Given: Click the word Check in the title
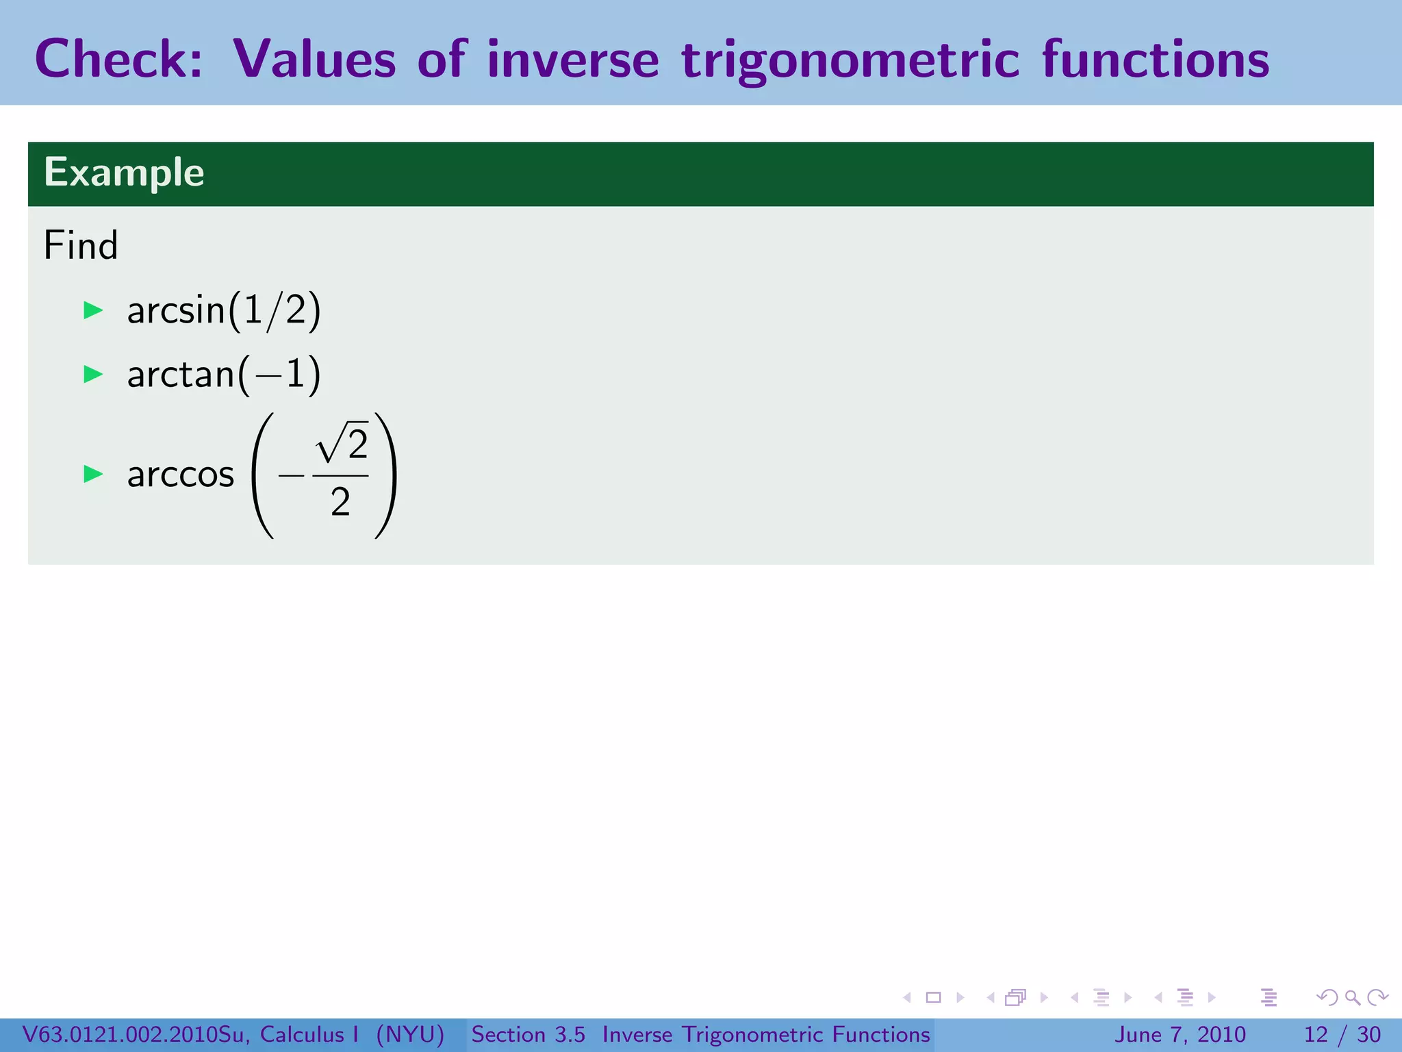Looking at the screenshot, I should tap(118, 59).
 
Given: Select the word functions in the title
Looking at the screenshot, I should tap(1155, 59).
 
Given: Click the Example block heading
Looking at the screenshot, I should tap(124, 172).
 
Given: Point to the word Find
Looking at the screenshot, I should tap(81, 245).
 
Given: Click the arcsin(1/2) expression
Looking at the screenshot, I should tap(224, 310).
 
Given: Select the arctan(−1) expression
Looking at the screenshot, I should tap(224, 374).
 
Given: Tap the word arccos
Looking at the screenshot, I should tap(181, 474).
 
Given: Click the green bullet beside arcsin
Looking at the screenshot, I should tap(93, 310).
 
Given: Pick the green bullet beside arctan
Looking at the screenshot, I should tap(93, 374).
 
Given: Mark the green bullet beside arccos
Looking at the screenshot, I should tap(93, 473).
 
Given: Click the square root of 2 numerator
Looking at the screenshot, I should tap(342, 444).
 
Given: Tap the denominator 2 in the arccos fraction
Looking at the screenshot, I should tap(340, 502).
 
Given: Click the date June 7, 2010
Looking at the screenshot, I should tap(1180, 1034).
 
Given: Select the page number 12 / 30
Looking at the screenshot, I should tap(1342, 1034).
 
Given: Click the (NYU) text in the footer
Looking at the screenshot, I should tap(410, 1034).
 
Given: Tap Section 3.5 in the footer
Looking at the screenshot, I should tap(528, 1034).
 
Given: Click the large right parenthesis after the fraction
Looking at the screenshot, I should tap(385, 475).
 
